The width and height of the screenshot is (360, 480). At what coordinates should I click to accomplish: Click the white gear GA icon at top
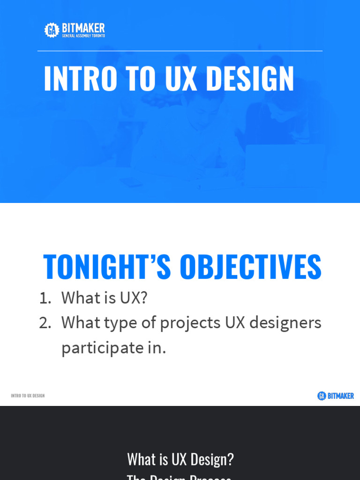coord(52,30)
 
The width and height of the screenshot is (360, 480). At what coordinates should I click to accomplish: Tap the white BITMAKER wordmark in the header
coord(83,28)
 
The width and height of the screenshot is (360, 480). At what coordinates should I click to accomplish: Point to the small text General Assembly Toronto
coord(83,36)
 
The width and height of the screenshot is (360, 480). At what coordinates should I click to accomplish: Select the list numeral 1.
coord(45,298)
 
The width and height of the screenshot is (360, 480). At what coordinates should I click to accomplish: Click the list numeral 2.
coord(45,323)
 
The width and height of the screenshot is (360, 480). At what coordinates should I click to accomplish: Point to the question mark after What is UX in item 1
coord(143,298)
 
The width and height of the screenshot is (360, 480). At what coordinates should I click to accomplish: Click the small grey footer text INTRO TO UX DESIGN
coord(28,396)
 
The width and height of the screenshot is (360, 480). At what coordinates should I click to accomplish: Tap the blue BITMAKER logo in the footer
coord(340,396)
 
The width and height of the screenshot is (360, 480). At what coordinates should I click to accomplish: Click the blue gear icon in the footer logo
coord(322,396)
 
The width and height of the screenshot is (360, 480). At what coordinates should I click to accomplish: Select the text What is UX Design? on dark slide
coord(180,459)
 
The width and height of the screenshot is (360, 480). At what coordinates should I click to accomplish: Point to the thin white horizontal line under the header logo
coord(180,51)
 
